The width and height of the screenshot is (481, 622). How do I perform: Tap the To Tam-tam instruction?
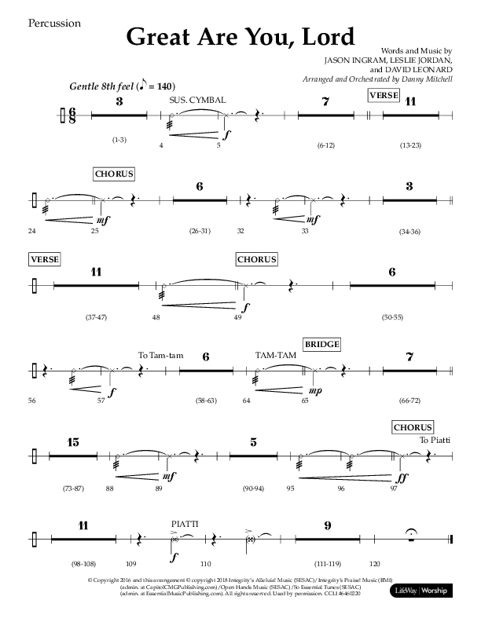tap(160, 356)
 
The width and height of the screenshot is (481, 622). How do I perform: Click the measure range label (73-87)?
tap(74, 489)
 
